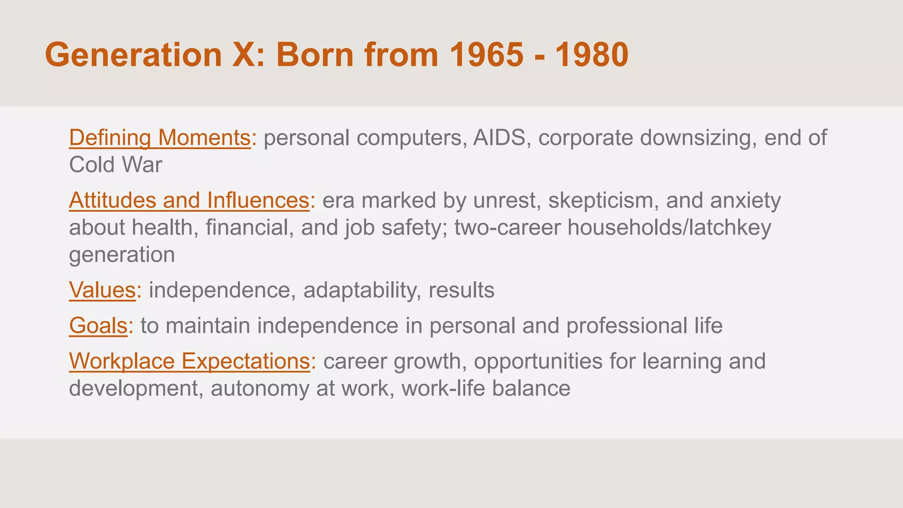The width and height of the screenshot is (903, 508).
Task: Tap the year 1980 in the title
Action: (592, 55)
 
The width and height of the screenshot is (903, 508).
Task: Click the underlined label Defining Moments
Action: (160, 138)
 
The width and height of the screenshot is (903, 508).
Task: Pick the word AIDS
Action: (499, 138)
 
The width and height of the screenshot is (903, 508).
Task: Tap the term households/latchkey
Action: (669, 228)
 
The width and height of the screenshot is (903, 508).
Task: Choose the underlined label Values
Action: (102, 291)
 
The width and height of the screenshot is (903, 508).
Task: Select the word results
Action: (461, 291)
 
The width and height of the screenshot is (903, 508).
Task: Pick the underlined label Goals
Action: (98, 326)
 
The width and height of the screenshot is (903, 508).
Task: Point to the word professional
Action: (625, 326)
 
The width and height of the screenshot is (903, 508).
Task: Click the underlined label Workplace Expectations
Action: (190, 361)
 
